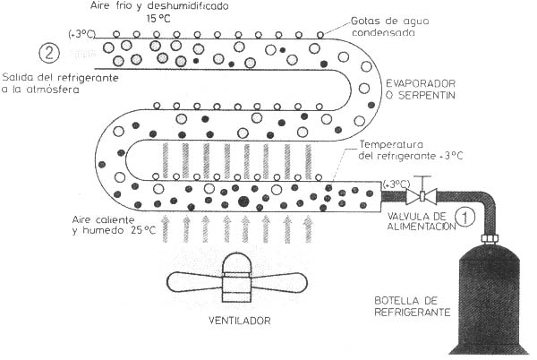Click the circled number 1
pos(465,218)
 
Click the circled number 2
pos(49,54)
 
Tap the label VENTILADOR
pos(240,321)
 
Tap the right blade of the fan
pos(278,282)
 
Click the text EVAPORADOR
pos(421,83)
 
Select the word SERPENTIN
pos(427,95)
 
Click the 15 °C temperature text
pos(158,19)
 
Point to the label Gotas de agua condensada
pos(390,27)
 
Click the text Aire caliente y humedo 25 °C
pos(114,225)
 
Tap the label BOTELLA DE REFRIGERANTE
pos(413,306)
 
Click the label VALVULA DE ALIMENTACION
pos(422,221)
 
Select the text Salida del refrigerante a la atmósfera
pos(60,83)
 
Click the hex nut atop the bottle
pos(490,237)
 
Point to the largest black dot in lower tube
pos(243,201)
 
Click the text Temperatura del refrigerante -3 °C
pos(411,150)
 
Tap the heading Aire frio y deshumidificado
pos(159,6)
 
